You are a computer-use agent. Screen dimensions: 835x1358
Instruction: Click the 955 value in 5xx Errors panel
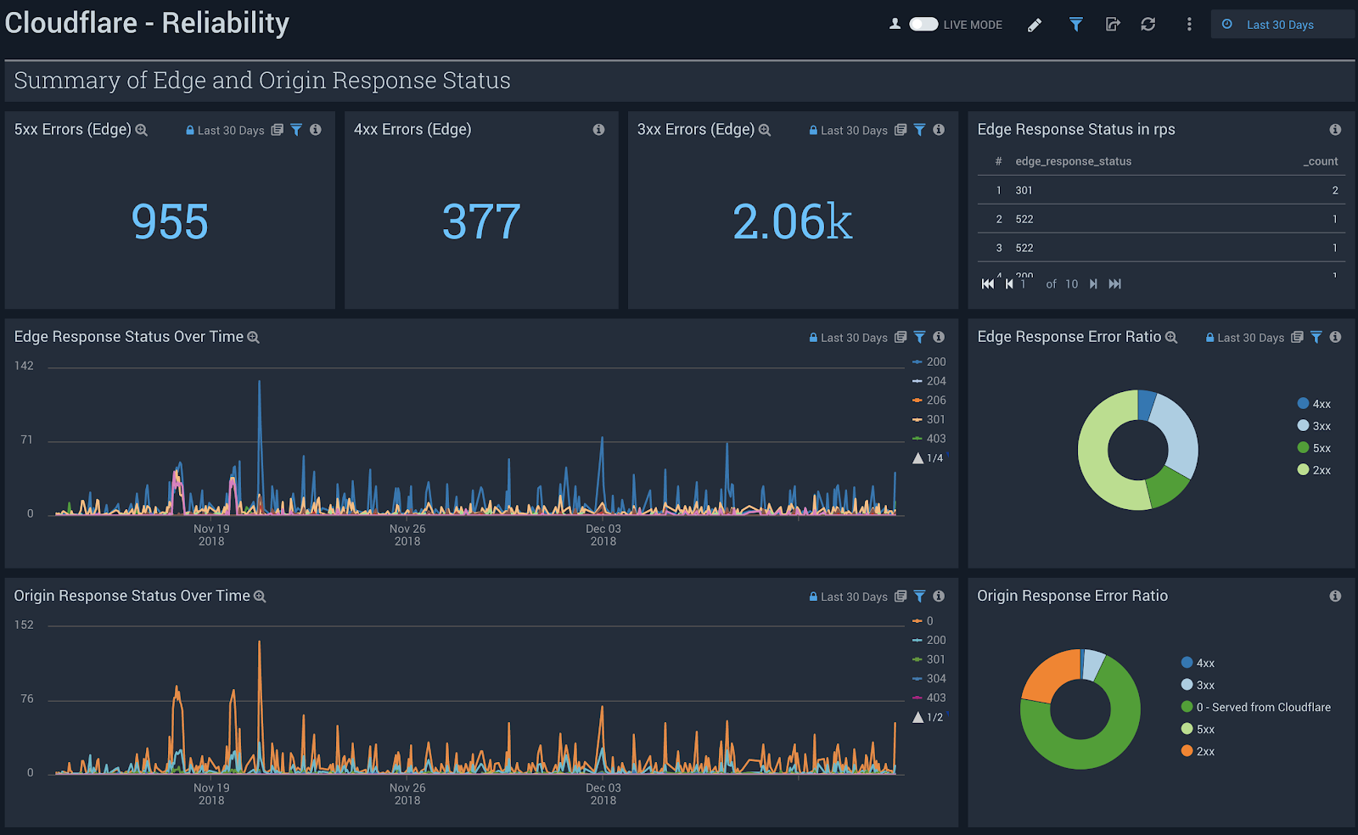pyautogui.click(x=170, y=222)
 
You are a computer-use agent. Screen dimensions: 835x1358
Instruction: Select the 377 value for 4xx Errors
pyautogui.click(x=481, y=222)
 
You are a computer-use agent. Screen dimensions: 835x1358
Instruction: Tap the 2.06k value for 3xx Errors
pyautogui.click(x=792, y=222)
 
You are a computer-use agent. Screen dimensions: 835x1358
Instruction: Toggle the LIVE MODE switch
pyautogui.click(x=923, y=25)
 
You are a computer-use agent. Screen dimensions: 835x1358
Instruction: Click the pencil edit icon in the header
pyautogui.click(x=1034, y=25)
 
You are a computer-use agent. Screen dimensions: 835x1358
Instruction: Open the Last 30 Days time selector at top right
pyautogui.click(x=1279, y=25)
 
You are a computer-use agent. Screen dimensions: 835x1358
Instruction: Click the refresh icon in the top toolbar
pyautogui.click(x=1148, y=25)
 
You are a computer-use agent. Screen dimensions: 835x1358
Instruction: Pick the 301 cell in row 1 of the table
pyautogui.click(x=1024, y=190)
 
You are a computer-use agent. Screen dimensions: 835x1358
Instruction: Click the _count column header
pyautogui.click(x=1321, y=161)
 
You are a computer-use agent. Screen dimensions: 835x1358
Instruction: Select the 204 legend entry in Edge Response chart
pyautogui.click(x=935, y=381)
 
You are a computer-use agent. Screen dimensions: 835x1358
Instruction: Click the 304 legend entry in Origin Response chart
pyautogui.click(x=935, y=679)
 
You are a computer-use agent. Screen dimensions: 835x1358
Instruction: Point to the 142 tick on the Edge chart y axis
pyautogui.click(x=24, y=366)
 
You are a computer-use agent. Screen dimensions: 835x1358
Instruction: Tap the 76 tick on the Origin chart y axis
pyautogui.click(x=27, y=699)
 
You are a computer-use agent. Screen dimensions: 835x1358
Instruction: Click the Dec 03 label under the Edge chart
pyautogui.click(x=603, y=529)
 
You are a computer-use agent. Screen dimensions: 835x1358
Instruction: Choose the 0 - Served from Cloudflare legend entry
pyautogui.click(x=1263, y=707)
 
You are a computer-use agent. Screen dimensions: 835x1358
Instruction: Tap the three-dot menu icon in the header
pyautogui.click(x=1188, y=25)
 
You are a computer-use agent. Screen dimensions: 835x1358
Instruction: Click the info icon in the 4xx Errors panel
pyautogui.click(x=598, y=130)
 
